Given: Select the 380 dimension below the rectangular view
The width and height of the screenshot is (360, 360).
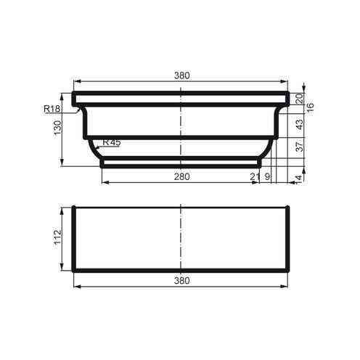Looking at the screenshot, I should pos(181,280).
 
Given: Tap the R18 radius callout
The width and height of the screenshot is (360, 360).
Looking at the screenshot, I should pos(52,109).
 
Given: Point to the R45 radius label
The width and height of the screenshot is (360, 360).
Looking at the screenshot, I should pos(111,142).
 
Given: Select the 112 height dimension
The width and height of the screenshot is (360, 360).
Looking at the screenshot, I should pos(58,238).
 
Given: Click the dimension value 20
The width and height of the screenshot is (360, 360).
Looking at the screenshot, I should pos(298,98).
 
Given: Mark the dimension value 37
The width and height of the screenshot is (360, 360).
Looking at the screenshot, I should pos(298,147).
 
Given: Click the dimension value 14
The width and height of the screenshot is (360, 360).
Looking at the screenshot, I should pos(298,176).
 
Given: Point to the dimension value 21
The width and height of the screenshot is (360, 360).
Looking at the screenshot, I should pos(254,176).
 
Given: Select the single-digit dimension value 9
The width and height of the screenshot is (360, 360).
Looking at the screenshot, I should pos(267,176).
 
